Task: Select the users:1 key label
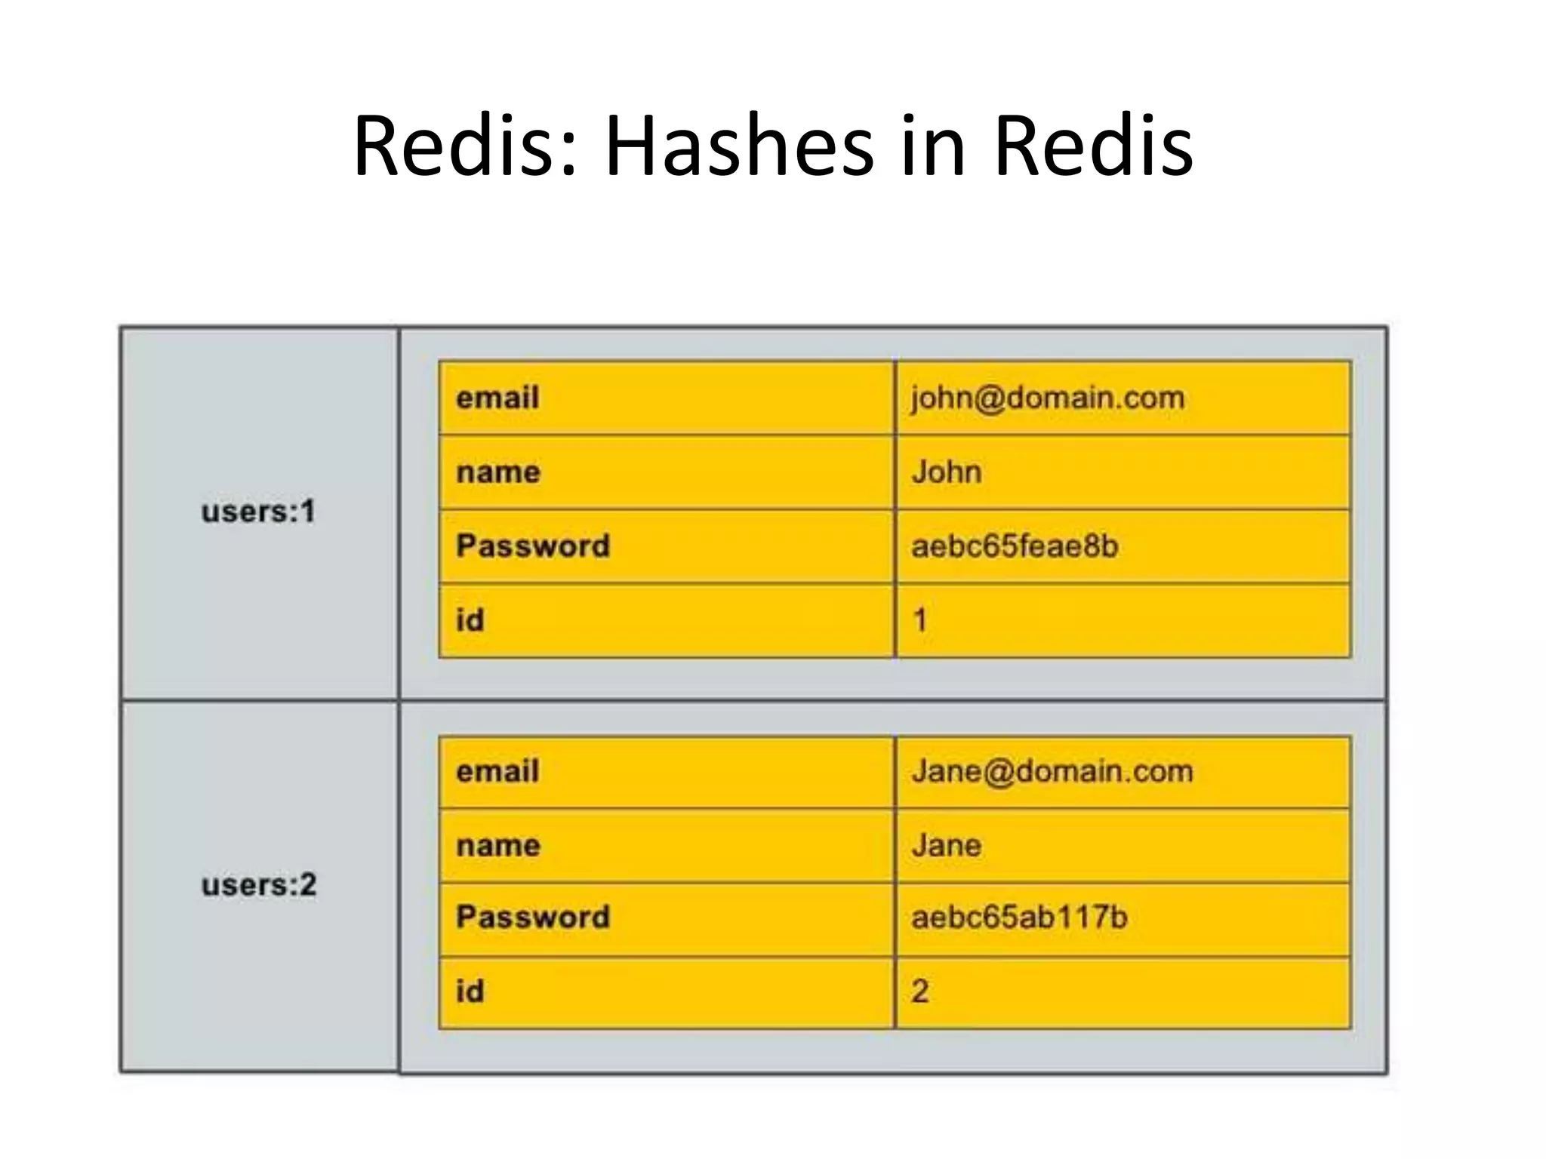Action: click(x=258, y=512)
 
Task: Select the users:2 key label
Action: click(x=259, y=884)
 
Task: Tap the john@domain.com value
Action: click(x=1048, y=398)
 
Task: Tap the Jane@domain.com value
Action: click(x=1052, y=771)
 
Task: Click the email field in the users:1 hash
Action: click(x=497, y=398)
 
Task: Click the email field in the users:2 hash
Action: click(x=497, y=771)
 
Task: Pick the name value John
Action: click(x=947, y=472)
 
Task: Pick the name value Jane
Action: click(x=947, y=845)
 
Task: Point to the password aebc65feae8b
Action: click(x=1015, y=546)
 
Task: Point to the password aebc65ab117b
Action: click(x=1019, y=918)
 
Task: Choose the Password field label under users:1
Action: click(x=533, y=546)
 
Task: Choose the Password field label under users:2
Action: click(x=533, y=918)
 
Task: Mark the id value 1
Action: click(x=919, y=620)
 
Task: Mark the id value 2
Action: click(x=919, y=991)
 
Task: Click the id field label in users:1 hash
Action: click(x=470, y=620)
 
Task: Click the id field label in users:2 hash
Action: click(x=470, y=991)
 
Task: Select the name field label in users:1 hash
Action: click(x=498, y=472)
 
